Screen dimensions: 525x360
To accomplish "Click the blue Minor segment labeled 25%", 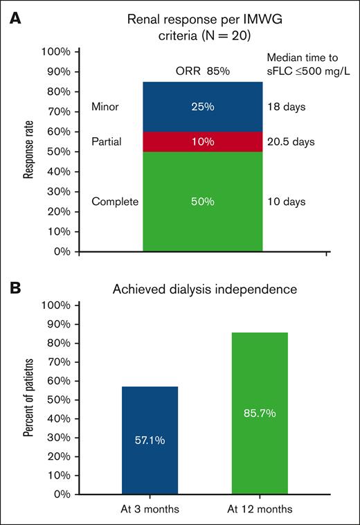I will (202, 107).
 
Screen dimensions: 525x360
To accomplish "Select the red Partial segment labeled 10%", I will (202, 142).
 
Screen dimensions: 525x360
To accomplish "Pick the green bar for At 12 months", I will (258, 413).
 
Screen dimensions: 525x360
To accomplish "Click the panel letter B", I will (12, 285).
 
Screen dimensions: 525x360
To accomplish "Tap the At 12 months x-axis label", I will (259, 509).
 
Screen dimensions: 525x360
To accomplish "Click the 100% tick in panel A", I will (55, 52).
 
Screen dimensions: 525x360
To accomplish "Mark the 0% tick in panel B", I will (60, 495).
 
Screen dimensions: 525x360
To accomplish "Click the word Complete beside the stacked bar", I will (115, 202).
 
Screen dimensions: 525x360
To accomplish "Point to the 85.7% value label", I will (258, 413).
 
